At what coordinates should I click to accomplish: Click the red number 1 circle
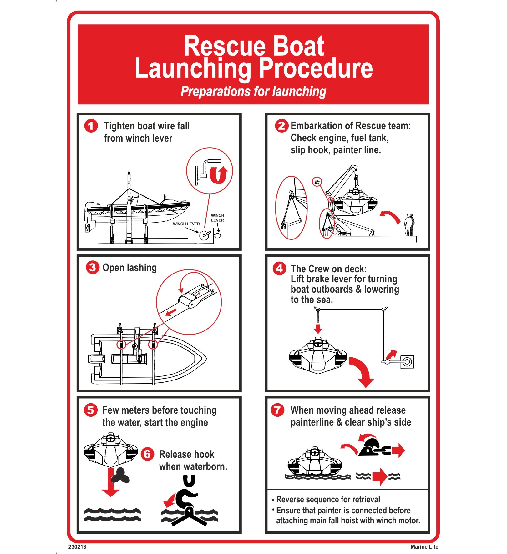[91, 126]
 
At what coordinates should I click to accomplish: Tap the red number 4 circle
[279, 268]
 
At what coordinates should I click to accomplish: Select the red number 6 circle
[147, 454]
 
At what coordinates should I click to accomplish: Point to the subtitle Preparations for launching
[253, 92]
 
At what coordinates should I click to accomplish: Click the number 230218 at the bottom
[77, 547]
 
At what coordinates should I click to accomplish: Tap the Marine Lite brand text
[424, 547]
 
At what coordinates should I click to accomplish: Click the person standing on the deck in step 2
[409, 225]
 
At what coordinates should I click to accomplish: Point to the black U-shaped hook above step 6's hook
[189, 481]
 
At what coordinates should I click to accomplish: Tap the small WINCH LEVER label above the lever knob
[217, 218]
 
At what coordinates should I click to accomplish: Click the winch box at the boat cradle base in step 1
[204, 235]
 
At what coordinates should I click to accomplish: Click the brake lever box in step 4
[407, 362]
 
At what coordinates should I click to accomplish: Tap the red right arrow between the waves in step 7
[380, 476]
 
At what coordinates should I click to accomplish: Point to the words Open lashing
[129, 268]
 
